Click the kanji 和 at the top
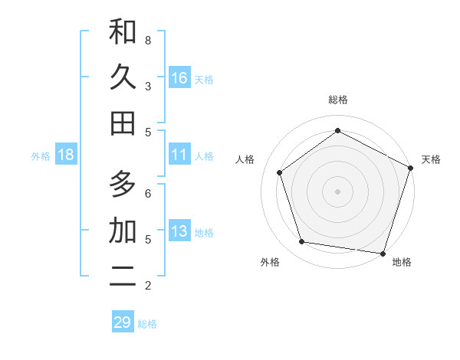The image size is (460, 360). coord(123,32)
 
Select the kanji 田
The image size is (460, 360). coord(123,123)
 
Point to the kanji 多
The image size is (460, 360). coord(123,184)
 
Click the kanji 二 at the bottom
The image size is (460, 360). coord(123,277)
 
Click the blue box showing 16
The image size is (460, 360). coord(179,78)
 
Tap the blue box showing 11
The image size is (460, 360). coord(179,155)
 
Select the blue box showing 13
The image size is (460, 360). coord(179,231)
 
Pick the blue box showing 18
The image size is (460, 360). coord(66,155)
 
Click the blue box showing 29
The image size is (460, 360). coord(123,322)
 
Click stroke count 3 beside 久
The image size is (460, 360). coord(148,86)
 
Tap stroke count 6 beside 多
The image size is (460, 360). coord(148,193)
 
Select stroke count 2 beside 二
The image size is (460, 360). coord(148,286)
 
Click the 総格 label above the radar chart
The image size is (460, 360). coord(337,100)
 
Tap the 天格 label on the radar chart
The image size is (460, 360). coord(431,159)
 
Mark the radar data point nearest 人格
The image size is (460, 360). coord(280,172)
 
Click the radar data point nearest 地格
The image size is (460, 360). coord(383,253)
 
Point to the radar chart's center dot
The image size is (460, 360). coord(337,191)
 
